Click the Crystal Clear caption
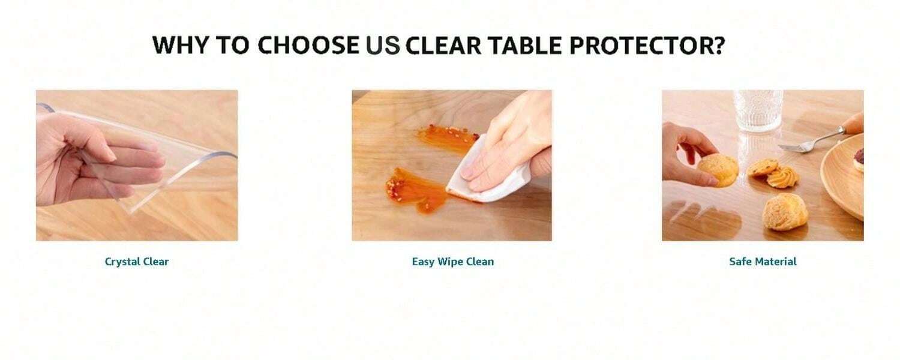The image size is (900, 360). pos(137,262)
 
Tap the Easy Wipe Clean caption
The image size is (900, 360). pos(453,262)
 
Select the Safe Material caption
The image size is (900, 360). pos(763,262)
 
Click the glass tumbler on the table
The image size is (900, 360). pos(758,110)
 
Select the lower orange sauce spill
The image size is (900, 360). pos(416,190)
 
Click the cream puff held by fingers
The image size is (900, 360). pos(718,170)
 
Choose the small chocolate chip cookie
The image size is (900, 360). pos(763,167)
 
